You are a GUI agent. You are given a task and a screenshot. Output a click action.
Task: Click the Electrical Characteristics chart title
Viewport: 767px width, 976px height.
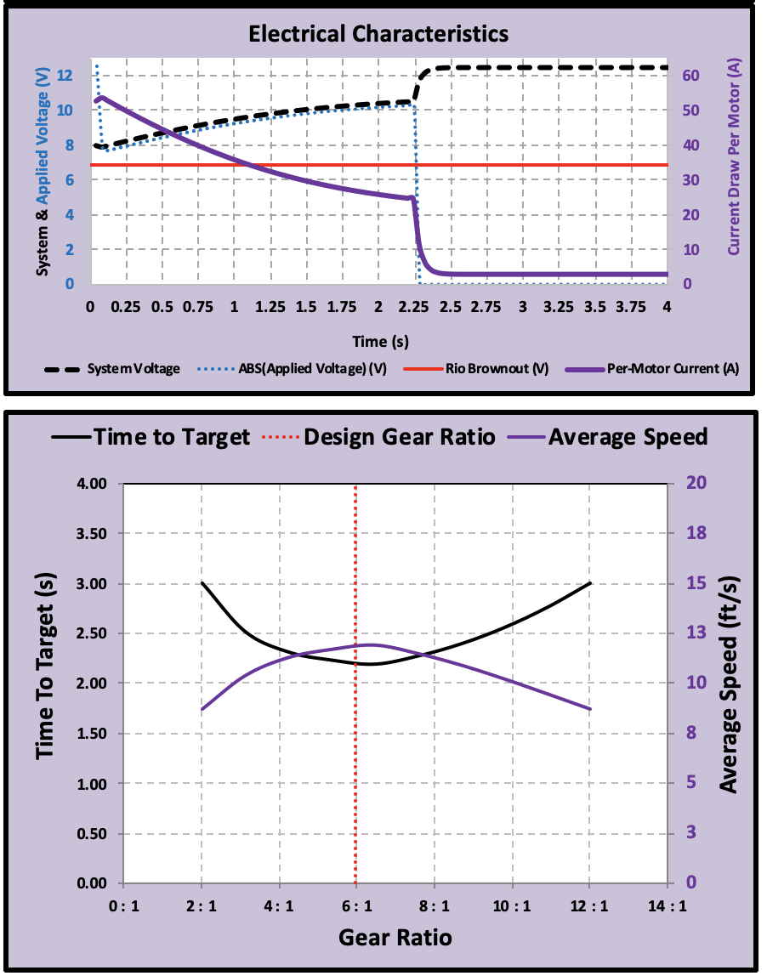click(378, 34)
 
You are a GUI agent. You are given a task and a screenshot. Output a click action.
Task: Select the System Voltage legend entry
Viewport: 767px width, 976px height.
click(112, 368)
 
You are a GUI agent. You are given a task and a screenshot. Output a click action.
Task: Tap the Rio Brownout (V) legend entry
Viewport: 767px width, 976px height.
click(475, 368)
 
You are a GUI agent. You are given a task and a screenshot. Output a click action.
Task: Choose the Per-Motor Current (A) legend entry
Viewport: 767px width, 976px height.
click(652, 368)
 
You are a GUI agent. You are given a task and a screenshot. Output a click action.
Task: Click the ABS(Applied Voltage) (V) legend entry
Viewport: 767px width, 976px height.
click(292, 368)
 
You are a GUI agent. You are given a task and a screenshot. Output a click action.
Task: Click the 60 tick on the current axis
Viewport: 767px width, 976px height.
click(691, 76)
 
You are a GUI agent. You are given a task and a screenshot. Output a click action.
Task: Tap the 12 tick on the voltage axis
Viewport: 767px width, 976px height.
click(65, 76)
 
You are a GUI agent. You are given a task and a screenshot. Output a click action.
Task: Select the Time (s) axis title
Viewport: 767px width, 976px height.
click(380, 341)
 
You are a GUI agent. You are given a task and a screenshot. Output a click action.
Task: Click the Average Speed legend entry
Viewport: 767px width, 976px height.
click(607, 437)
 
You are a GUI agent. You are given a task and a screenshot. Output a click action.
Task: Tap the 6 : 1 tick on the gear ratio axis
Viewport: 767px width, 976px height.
click(356, 905)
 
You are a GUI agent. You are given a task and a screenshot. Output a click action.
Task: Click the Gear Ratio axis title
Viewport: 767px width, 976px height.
click(395, 937)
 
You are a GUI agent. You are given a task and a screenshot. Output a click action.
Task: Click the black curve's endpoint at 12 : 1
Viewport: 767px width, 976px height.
click(590, 583)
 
